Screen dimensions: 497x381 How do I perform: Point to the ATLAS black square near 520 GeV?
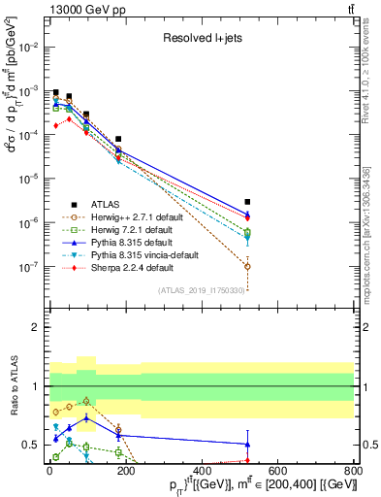248,202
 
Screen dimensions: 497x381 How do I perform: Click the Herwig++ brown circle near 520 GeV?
248,266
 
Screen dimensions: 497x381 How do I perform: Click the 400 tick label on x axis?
201,469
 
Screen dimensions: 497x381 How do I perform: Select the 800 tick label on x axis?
353,469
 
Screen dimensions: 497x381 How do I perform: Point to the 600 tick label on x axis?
277,469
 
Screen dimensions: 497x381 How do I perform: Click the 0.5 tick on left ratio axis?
31,445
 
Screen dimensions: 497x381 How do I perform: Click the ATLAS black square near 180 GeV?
118,139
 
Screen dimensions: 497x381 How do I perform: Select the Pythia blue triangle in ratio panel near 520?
248,444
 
